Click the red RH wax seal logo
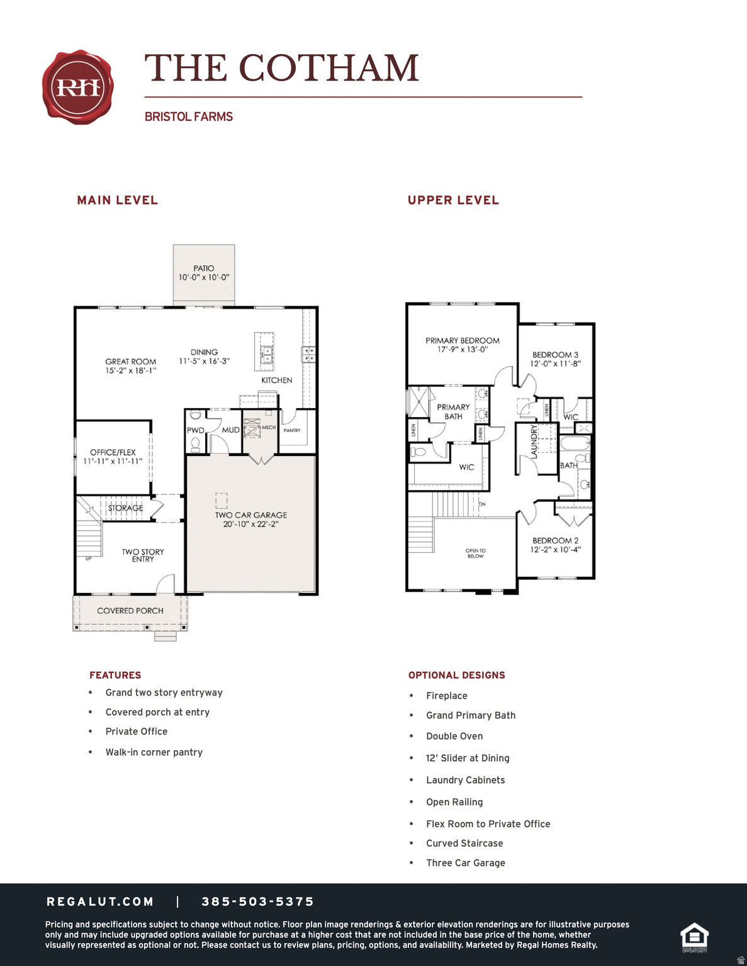tap(78, 87)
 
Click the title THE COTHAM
tap(281, 68)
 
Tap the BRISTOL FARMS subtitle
tap(189, 117)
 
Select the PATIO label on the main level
tap(204, 269)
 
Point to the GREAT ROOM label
tap(130, 362)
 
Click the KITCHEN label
tap(277, 380)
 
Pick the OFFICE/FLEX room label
tap(113, 452)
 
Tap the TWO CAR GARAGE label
tap(251, 515)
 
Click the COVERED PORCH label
tap(130, 611)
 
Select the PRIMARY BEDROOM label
tap(463, 341)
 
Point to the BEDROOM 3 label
tap(555, 355)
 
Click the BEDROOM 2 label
tap(555, 540)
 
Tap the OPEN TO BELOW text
tap(476, 553)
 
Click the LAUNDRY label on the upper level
tap(534, 441)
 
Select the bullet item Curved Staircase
tap(464, 843)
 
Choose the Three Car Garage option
tap(466, 863)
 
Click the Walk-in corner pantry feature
tap(154, 752)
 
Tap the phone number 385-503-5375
tap(258, 902)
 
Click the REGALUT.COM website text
tap(101, 902)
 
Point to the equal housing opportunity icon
tap(695, 937)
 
